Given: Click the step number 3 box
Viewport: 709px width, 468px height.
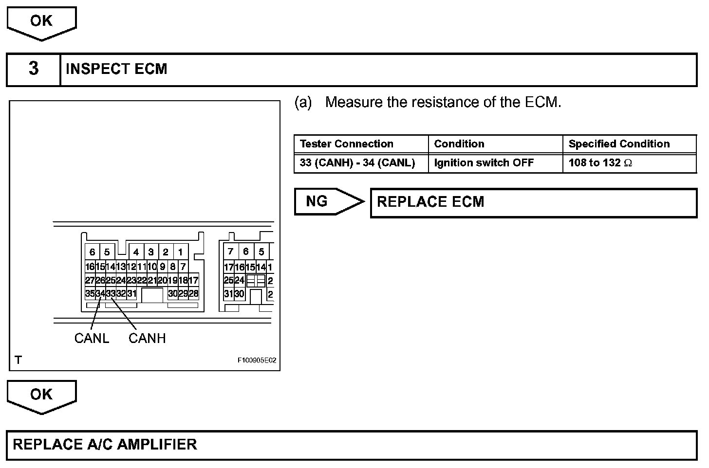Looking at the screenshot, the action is pyautogui.click(x=33, y=69).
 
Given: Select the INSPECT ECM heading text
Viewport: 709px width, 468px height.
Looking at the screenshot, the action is pyautogui.click(x=116, y=69).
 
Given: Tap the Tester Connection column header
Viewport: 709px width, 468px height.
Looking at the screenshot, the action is pyautogui.click(x=347, y=144).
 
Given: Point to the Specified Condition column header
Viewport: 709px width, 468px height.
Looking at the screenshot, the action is pyautogui.click(x=619, y=144).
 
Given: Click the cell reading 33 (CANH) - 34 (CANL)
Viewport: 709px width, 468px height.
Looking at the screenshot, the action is pyautogui.click(x=357, y=163).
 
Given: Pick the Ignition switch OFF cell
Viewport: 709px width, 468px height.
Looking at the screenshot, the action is pyautogui.click(x=484, y=163).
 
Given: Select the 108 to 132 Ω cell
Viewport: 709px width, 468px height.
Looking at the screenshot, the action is pyautogui.click(x=600, y=163).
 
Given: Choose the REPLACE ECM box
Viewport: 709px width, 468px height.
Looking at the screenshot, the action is pyautogui.click(x=533, y=202).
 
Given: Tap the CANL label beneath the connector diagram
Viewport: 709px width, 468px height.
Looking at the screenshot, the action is pyautogui.click(x=92, y=338).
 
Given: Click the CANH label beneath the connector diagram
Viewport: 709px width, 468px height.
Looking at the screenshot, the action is pyautogui.click(x=147, y=338).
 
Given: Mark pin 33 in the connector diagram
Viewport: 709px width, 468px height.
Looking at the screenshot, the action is pyautogui.click(x=111, y=294).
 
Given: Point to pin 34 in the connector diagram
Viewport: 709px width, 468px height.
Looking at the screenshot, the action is pyautogui.click(x=100, y=294).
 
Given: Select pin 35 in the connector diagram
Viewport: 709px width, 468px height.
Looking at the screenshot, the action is pyautogui.click(x=90, y=294).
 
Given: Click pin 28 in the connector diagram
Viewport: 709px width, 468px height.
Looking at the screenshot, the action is pyautogui.click(x=193, y=294).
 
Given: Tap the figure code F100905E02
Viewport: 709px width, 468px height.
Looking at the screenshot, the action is pyautogui.click(x=257, y=360).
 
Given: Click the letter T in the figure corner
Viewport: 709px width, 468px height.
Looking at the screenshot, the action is pyautogui.click(x=19, y=360).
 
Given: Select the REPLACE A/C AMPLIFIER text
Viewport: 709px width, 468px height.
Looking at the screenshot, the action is pyautogui.click(x=105, y=445).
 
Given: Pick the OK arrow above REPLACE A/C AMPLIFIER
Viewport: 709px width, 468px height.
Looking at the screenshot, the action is pyautogui.click(x=41, y=396).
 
